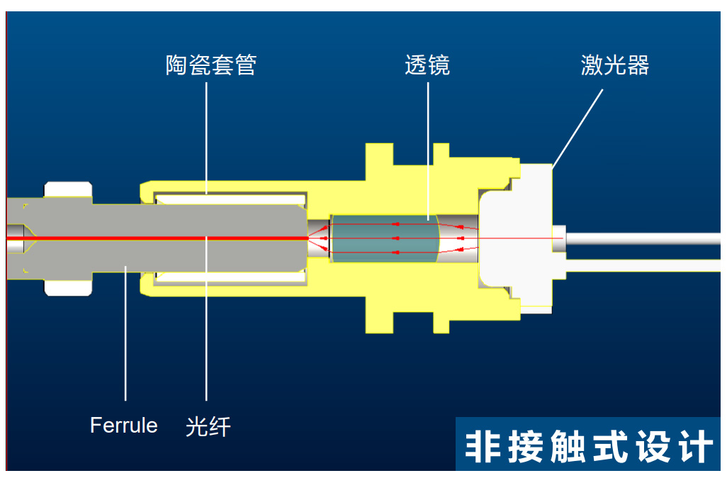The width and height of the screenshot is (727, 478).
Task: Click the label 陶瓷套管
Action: [210, 66]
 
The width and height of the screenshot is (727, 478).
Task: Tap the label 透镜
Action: [427, 66]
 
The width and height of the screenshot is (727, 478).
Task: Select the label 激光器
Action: [615, 66]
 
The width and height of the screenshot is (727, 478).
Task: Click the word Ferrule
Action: [124, 426]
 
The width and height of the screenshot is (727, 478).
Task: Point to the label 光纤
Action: [208, 426]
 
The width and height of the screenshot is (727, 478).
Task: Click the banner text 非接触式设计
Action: [589, 448]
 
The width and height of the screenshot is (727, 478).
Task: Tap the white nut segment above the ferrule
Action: [68, 189]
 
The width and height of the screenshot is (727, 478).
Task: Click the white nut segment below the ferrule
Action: [68, 287]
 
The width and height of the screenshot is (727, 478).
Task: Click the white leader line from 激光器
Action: [577, 128]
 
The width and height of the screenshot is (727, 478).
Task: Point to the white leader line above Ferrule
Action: [125, 333]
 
